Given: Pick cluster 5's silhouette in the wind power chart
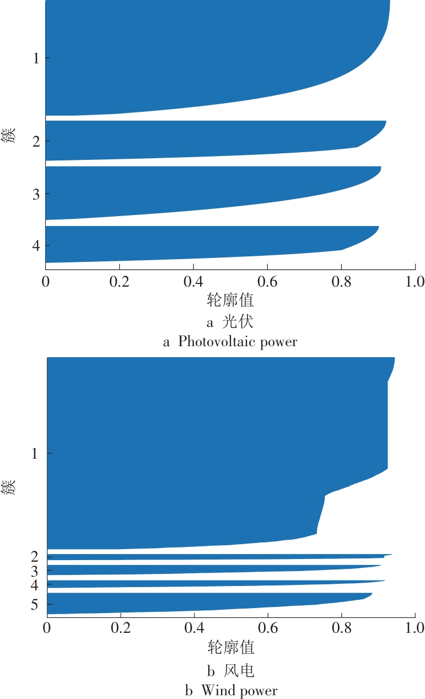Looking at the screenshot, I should (193, 603).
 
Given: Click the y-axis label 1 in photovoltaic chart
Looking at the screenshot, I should (36, 58).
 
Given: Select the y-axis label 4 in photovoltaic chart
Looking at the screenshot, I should (36, 245).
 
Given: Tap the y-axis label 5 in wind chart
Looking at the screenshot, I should (34, 605).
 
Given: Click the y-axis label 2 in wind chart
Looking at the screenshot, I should (34, 556).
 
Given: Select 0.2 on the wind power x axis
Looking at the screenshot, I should (120, 628).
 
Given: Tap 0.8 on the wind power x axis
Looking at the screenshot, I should (341, 628).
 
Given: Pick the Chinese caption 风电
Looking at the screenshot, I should (239, 670).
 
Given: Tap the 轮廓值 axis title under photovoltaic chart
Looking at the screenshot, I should (230, 300).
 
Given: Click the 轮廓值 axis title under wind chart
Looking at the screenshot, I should (231, 646).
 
